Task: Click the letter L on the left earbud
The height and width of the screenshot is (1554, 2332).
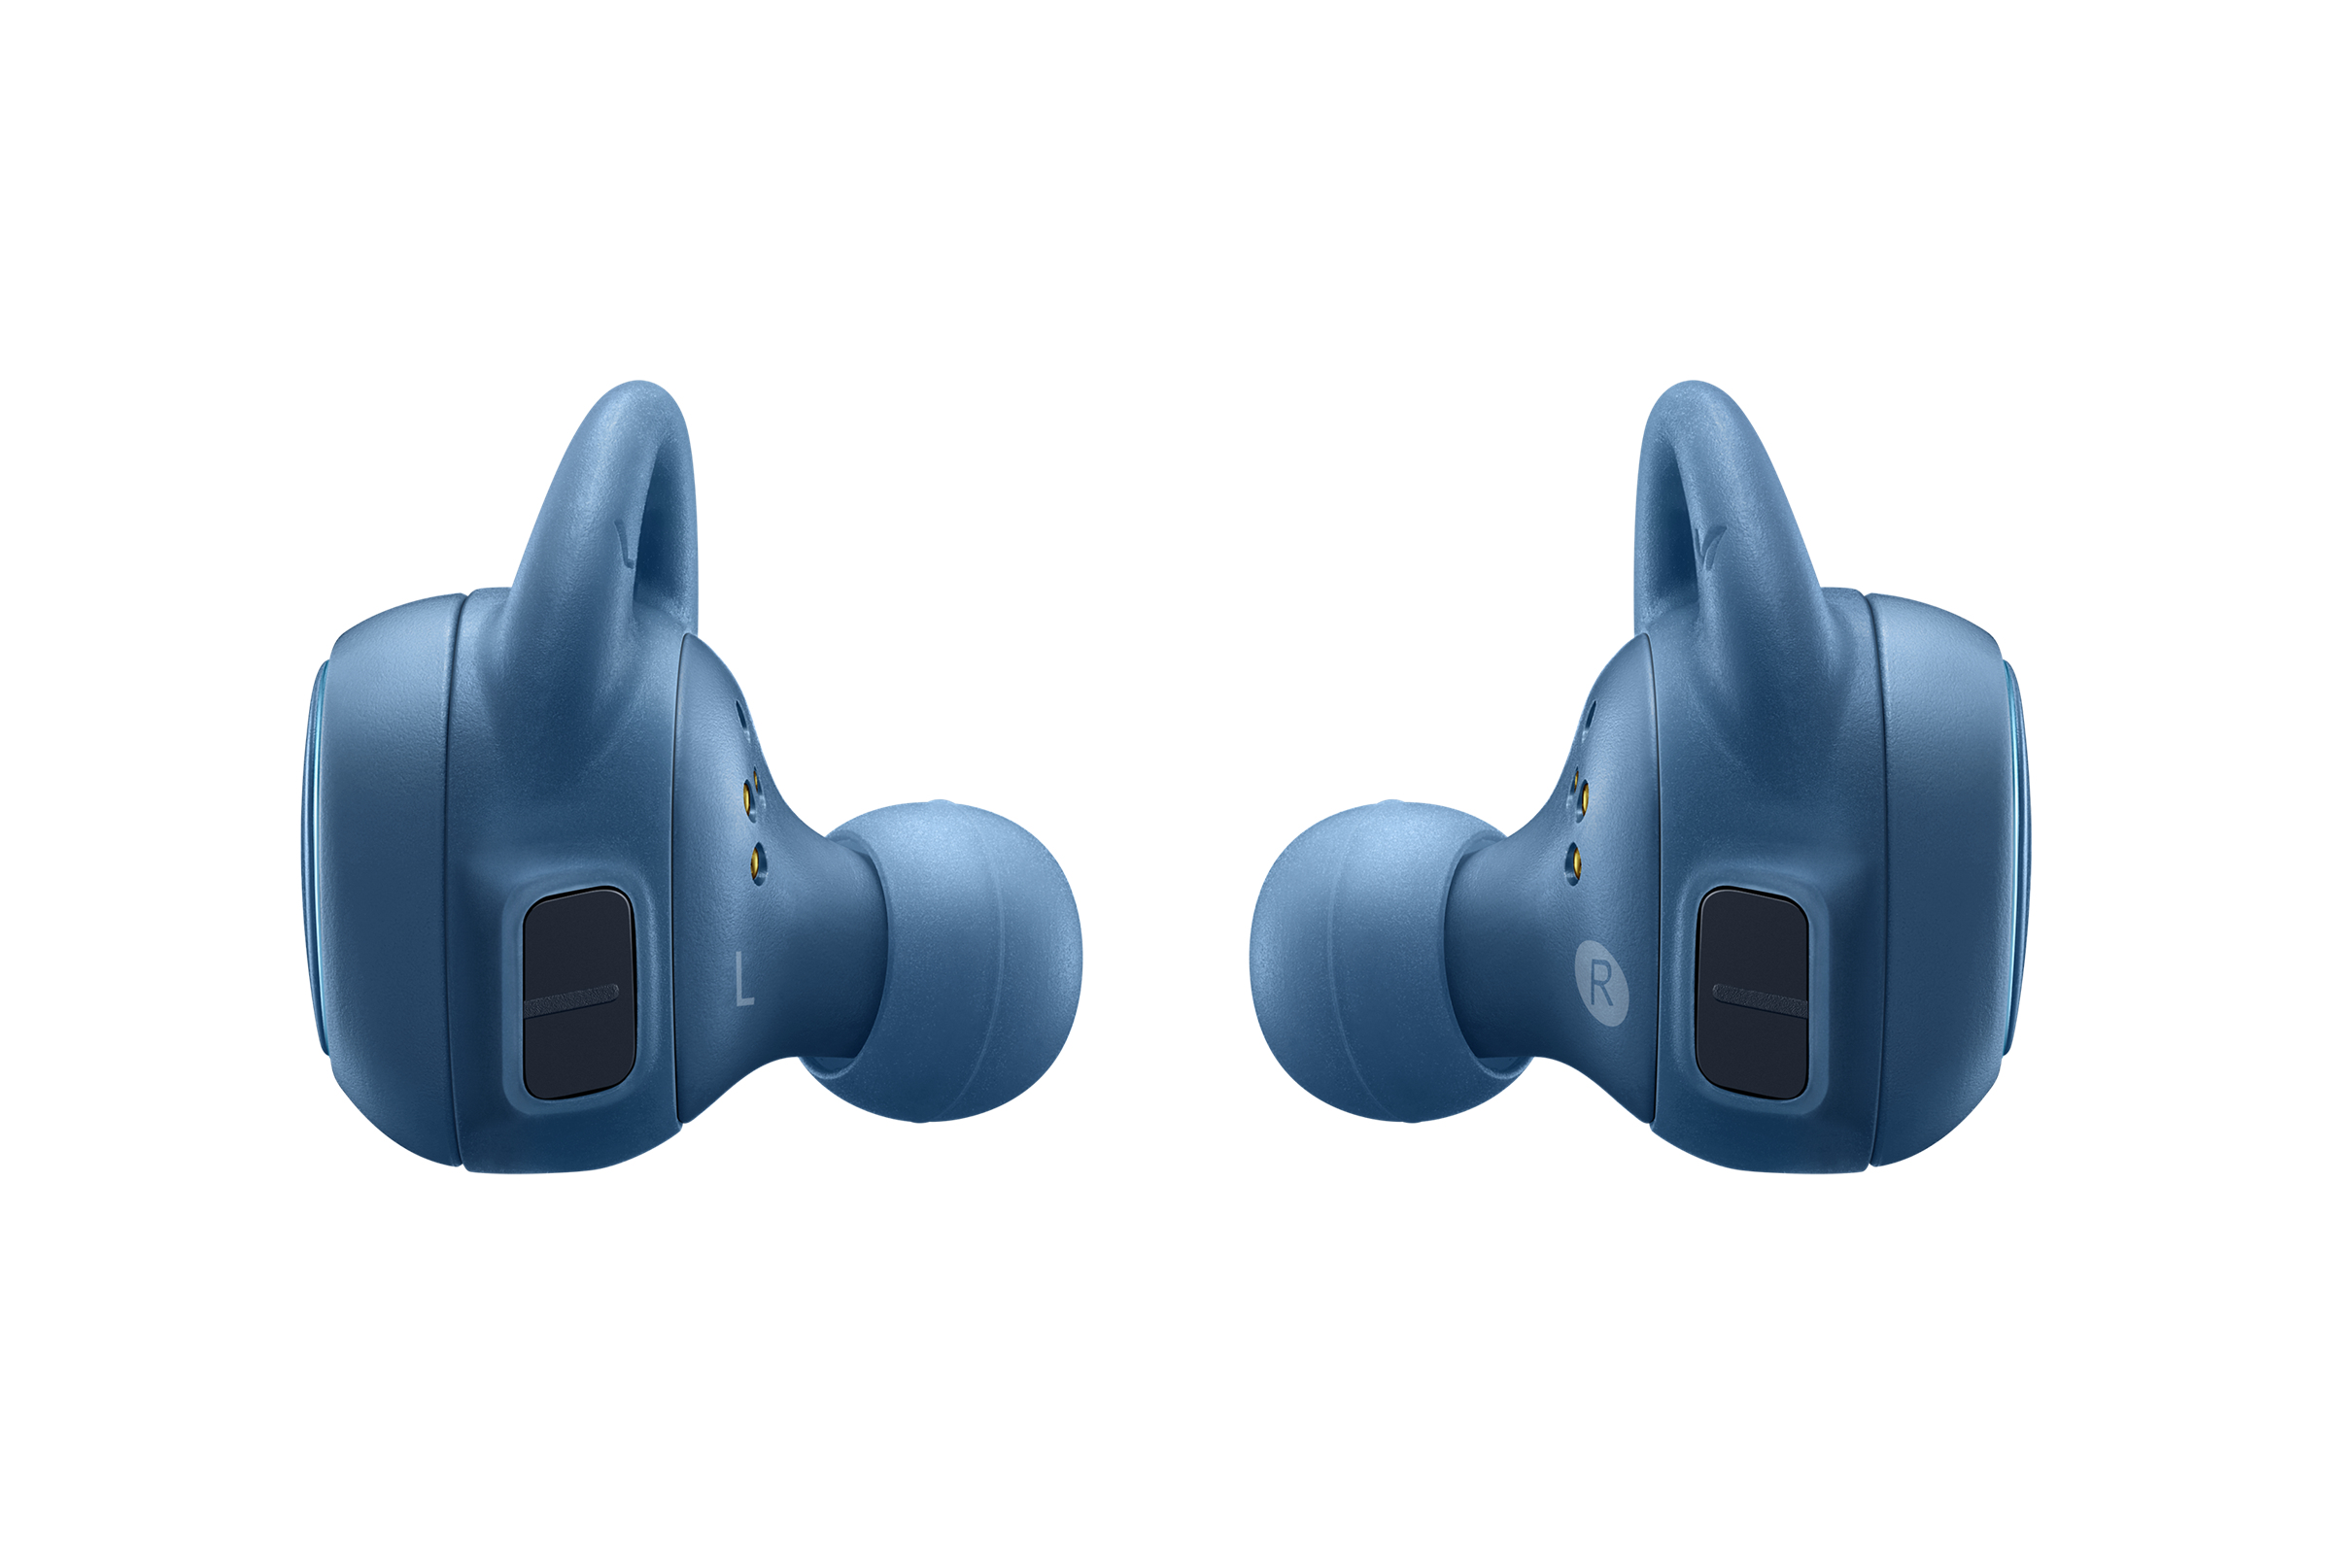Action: point(743,978)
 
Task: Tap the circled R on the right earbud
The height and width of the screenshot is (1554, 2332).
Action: point(1602,983)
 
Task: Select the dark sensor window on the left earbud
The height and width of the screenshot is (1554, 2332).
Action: point(578,993)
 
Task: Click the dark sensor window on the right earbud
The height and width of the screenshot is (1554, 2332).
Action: point(1753,993)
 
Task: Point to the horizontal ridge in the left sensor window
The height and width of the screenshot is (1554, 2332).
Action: point(571,999)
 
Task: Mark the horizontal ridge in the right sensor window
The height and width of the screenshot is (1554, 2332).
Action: point(1760,999)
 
